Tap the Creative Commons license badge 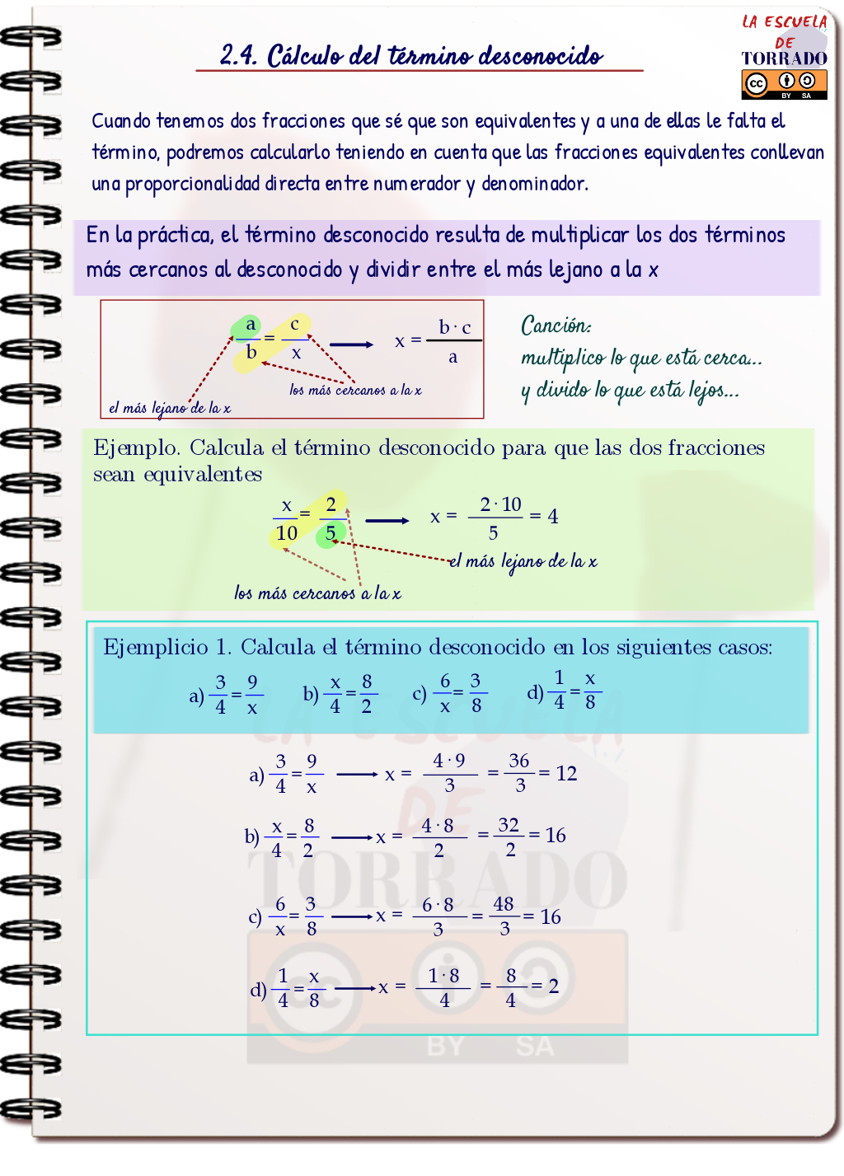click(x=784, y=83)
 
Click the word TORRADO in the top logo click(x=784, y=59)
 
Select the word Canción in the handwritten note click(x=556, y=326)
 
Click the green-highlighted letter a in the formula click(x=251, y=325)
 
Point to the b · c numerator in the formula click(x=454, y=327)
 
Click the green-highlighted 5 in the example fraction click(x=330, y=533)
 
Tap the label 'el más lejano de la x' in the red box click(x=169, y=408)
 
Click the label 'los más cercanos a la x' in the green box click(x=317, y=593)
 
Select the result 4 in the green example click(x=553, y=517)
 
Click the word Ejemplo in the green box click(x=136, y=448)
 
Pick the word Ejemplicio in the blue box click(x=156, y=648)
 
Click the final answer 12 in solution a click(x=566, y=773)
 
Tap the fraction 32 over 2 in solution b click(x=509, y=836)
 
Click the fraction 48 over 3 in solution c click(x=504, y=916)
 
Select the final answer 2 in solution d click(x=553, y=986)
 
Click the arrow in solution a click(x=357, y=774)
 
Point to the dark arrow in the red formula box click(x=351, y=344)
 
